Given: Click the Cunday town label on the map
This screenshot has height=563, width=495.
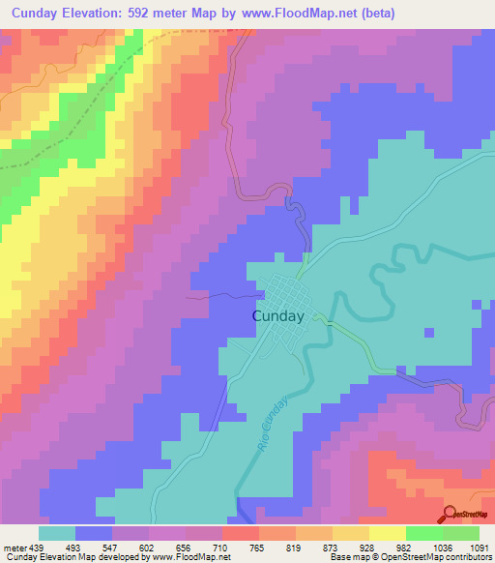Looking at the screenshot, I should tap(278, 315).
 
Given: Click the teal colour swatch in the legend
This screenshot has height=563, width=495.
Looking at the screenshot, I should tap(57, 533).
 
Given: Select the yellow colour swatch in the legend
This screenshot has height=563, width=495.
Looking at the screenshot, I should tap(388, 533).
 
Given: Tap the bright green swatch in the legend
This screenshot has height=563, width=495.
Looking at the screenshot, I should tap(424, 533).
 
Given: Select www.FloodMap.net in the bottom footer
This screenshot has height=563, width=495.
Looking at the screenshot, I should tap(199, 557).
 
